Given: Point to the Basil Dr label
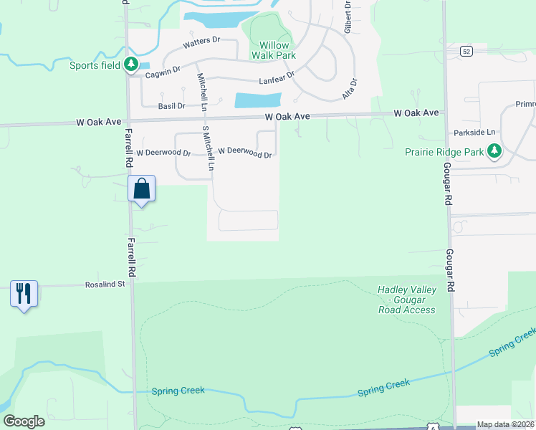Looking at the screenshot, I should click(172, 106).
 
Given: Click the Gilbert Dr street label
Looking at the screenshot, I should click(347, 19).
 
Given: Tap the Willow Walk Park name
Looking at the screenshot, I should click(272, 49).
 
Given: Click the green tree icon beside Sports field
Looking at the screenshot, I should click(130, 65).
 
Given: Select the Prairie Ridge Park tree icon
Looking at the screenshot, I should click(494, 150).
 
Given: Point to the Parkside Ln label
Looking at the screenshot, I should click(474, 133).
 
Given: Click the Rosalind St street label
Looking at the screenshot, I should click(106, 284).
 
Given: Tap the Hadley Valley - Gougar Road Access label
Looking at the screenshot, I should click(406, 300).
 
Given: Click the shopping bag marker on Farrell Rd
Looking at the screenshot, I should click(142, 190).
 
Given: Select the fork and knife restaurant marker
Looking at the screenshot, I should click(24, 294).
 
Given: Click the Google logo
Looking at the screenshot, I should click(24, 421).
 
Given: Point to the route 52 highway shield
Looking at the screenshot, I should click(466, 51).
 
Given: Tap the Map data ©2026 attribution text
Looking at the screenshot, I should click(506, 424).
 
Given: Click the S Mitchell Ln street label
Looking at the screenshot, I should click(208, 148).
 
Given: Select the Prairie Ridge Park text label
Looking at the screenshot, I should click(446, 152).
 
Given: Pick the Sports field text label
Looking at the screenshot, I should click(95, 66).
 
